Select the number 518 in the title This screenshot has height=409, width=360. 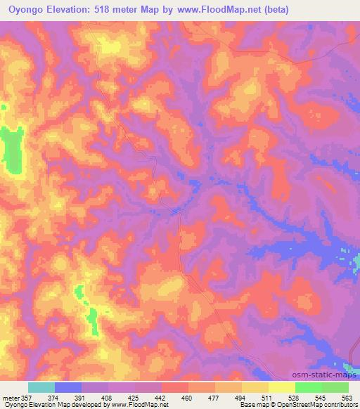pyautogui.click(x=98, y=10)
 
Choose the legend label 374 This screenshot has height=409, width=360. pyautogui.click(x=63, y=397)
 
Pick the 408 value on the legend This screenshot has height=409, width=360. pyautogui.click(x=116, y=397)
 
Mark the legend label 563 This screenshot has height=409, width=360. pyautogui.click(x=346, y=397)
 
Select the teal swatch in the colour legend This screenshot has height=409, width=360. pyautogui.click(x=41, y=387)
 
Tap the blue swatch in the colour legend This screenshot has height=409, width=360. pyautogui.click(x=68, y=387)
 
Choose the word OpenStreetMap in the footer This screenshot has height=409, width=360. pyautogui.click(x=291, y=405)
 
